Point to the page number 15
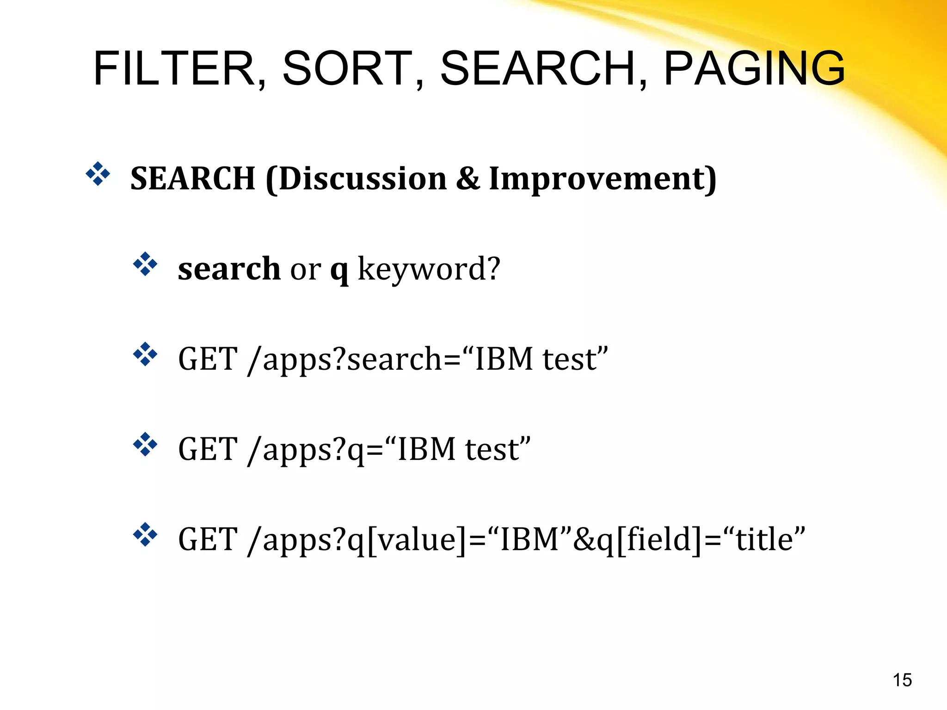[x=902, y=680]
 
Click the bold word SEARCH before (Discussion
[x=193, y=178]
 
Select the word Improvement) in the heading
[x=603, y=178]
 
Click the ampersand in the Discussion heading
[x=467, y=178]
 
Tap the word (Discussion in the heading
[x=356, y=178]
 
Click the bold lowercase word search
[x=229, y=269]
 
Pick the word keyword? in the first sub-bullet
[x=429, y=269]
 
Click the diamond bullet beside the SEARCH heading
[x=98, y=174]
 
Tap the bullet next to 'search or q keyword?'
[x=145, y=264]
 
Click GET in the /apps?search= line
[x=208, y=359]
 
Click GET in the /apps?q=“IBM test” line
[x=208, y=449]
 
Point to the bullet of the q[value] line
[x=145, y=534]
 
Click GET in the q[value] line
[x=208, y=539]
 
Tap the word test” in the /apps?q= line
[x=498, y=449]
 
